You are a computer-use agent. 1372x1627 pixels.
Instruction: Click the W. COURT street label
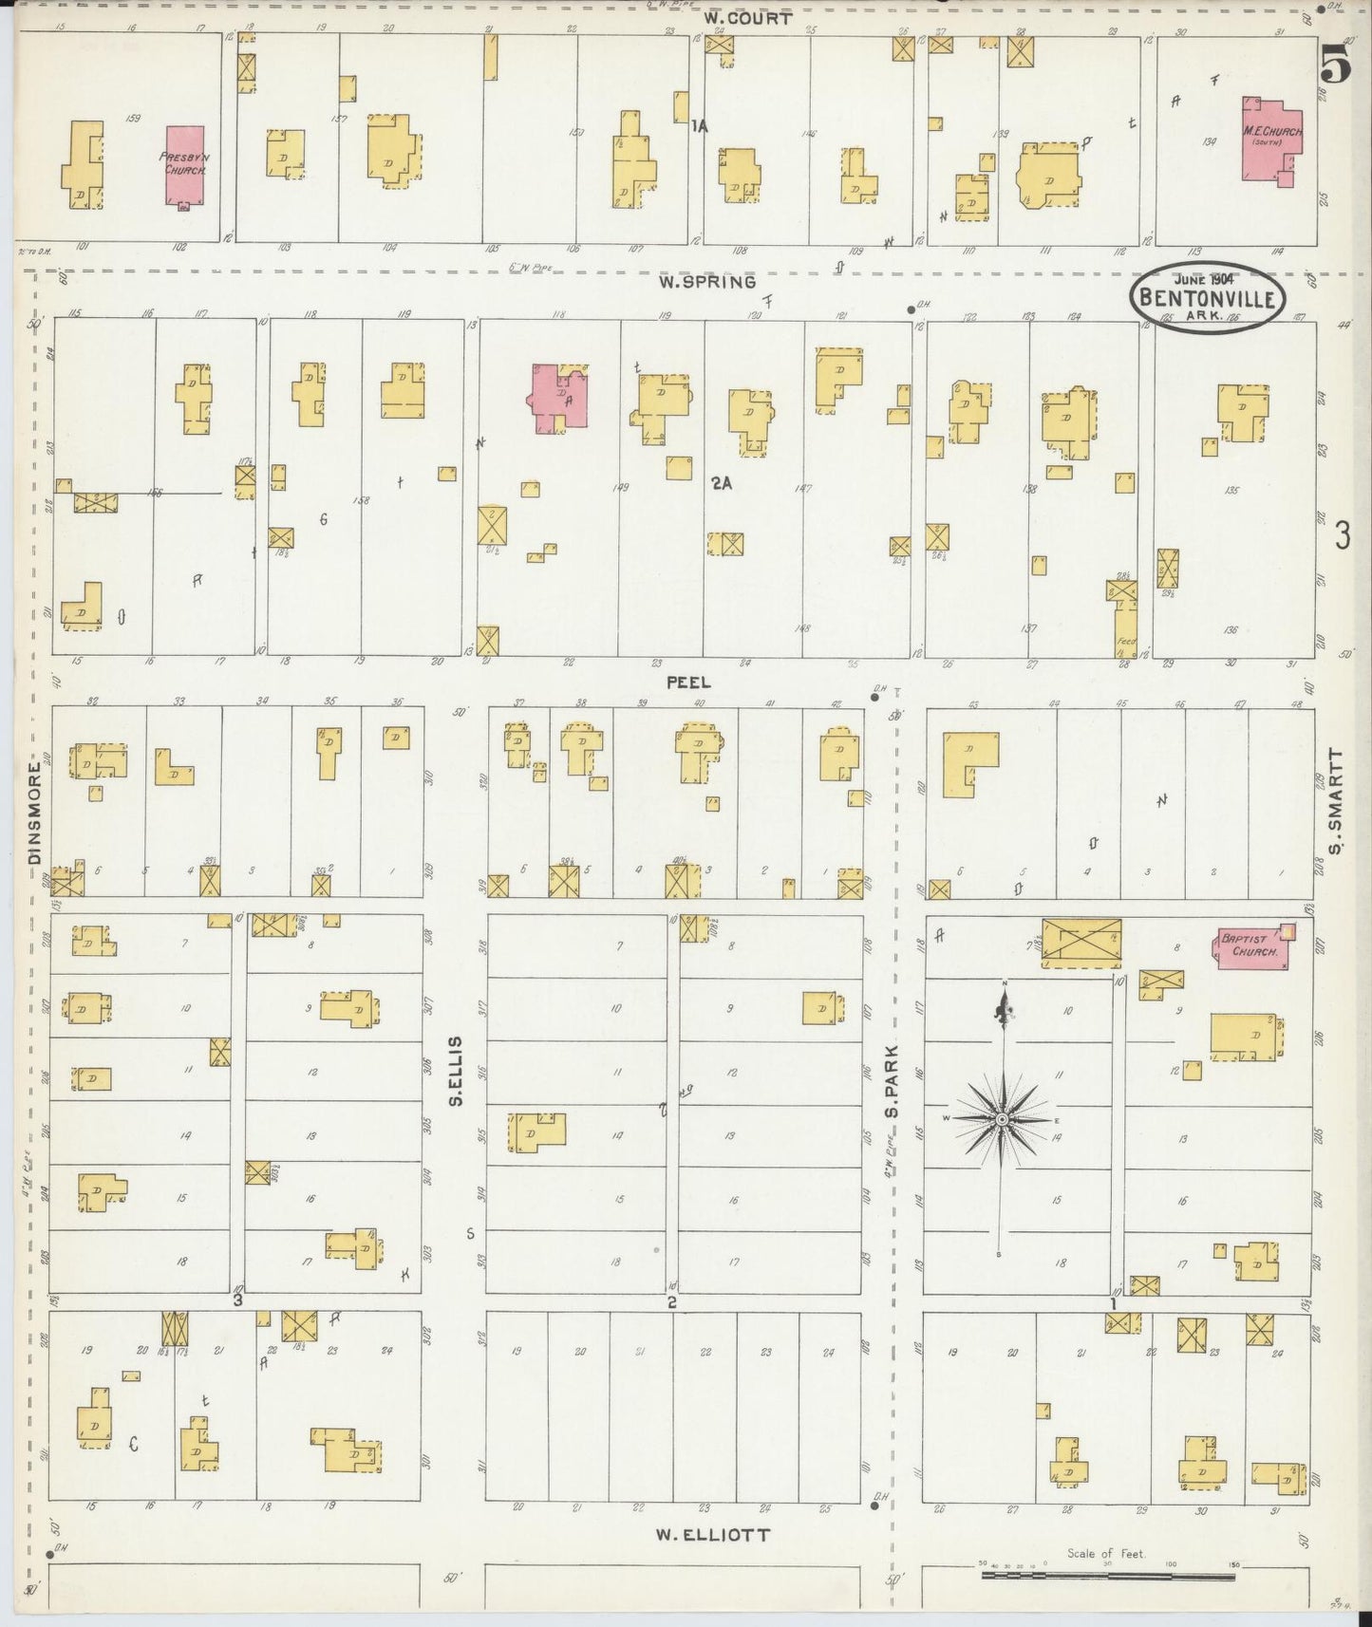pos(747,18)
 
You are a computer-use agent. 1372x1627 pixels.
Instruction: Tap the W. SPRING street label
pos(709,282)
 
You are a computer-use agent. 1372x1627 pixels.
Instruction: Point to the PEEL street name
pos(688,682)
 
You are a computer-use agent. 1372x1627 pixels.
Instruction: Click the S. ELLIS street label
pos(457,1070)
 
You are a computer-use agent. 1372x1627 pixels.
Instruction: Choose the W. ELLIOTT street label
pos(712,1534)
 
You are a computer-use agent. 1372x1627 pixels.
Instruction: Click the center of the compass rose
pos(1002,1120)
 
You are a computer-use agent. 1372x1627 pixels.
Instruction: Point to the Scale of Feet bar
pos(1107,1575)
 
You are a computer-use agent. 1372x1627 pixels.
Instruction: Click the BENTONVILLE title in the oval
pos(1208,297)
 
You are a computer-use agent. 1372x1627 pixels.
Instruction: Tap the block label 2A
pos(722,483)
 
